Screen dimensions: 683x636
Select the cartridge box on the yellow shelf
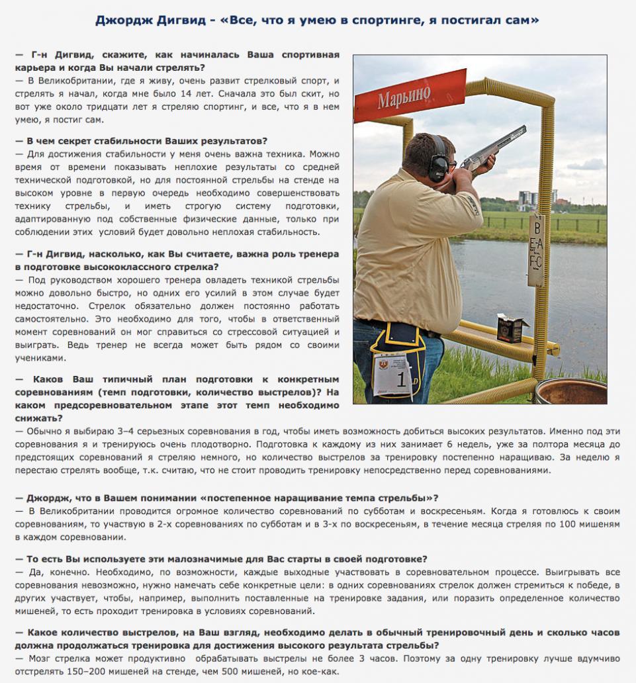click(512, 328)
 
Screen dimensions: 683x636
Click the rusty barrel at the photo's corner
click(570, 391)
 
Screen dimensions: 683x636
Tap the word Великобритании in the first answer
click(73, 80)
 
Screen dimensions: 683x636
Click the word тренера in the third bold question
click(318, 254)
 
